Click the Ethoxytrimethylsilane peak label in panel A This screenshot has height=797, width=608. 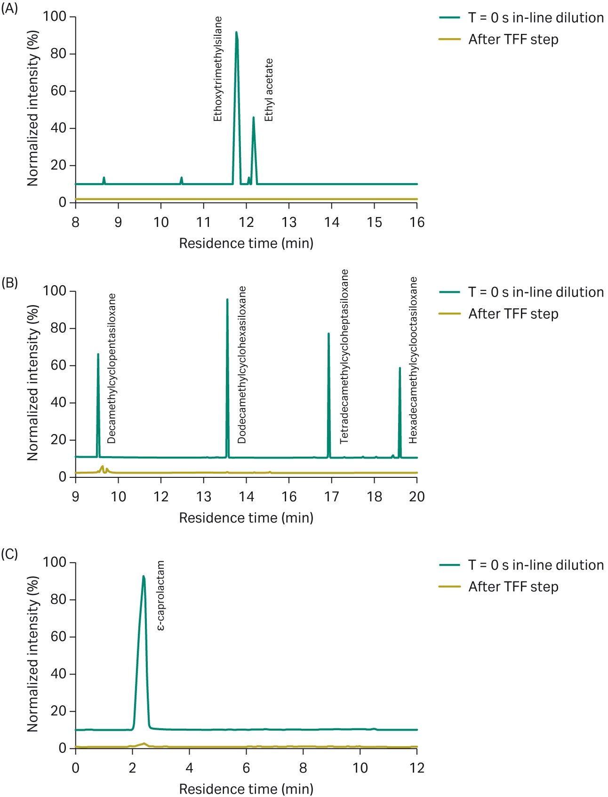[x=217, y=69]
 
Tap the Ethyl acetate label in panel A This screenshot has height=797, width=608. [x=269, y=90]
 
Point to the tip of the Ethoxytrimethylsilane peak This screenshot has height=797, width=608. [x=236, y=32]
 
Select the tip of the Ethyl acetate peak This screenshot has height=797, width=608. [x=253, y=117]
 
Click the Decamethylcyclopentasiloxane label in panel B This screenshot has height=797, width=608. [x=112, y=369]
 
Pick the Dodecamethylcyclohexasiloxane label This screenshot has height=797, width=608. [x=242, y=365]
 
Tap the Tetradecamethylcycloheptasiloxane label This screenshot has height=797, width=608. [x=344, y=356]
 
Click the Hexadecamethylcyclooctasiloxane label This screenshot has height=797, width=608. [x=413, y=360]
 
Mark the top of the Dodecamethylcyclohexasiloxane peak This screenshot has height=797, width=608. [x=227, y=299]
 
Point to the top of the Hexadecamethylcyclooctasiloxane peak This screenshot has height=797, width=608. [x=400, y=368]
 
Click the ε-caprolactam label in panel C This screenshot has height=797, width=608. [x=160, y=596]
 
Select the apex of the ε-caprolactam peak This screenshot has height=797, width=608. [x=144, y=576]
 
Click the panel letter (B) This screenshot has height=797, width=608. [x=9, y=282]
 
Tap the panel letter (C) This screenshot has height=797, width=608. [x=9, y=554]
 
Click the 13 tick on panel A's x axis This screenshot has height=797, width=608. [x=289, y=222]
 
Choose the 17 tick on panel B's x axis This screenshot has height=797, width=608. [x=332, y=497]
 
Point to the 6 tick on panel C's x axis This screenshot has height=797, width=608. [x=246, y=768]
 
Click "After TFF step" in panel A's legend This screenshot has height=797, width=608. [x=513, y=40]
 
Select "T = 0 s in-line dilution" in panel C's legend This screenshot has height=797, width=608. [x=536, y=565]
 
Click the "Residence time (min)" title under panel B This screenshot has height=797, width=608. [x=246, y=518]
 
